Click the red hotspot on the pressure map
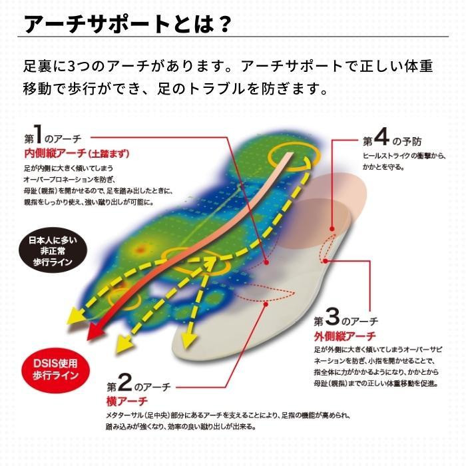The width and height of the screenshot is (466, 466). (x=140, y=250)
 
